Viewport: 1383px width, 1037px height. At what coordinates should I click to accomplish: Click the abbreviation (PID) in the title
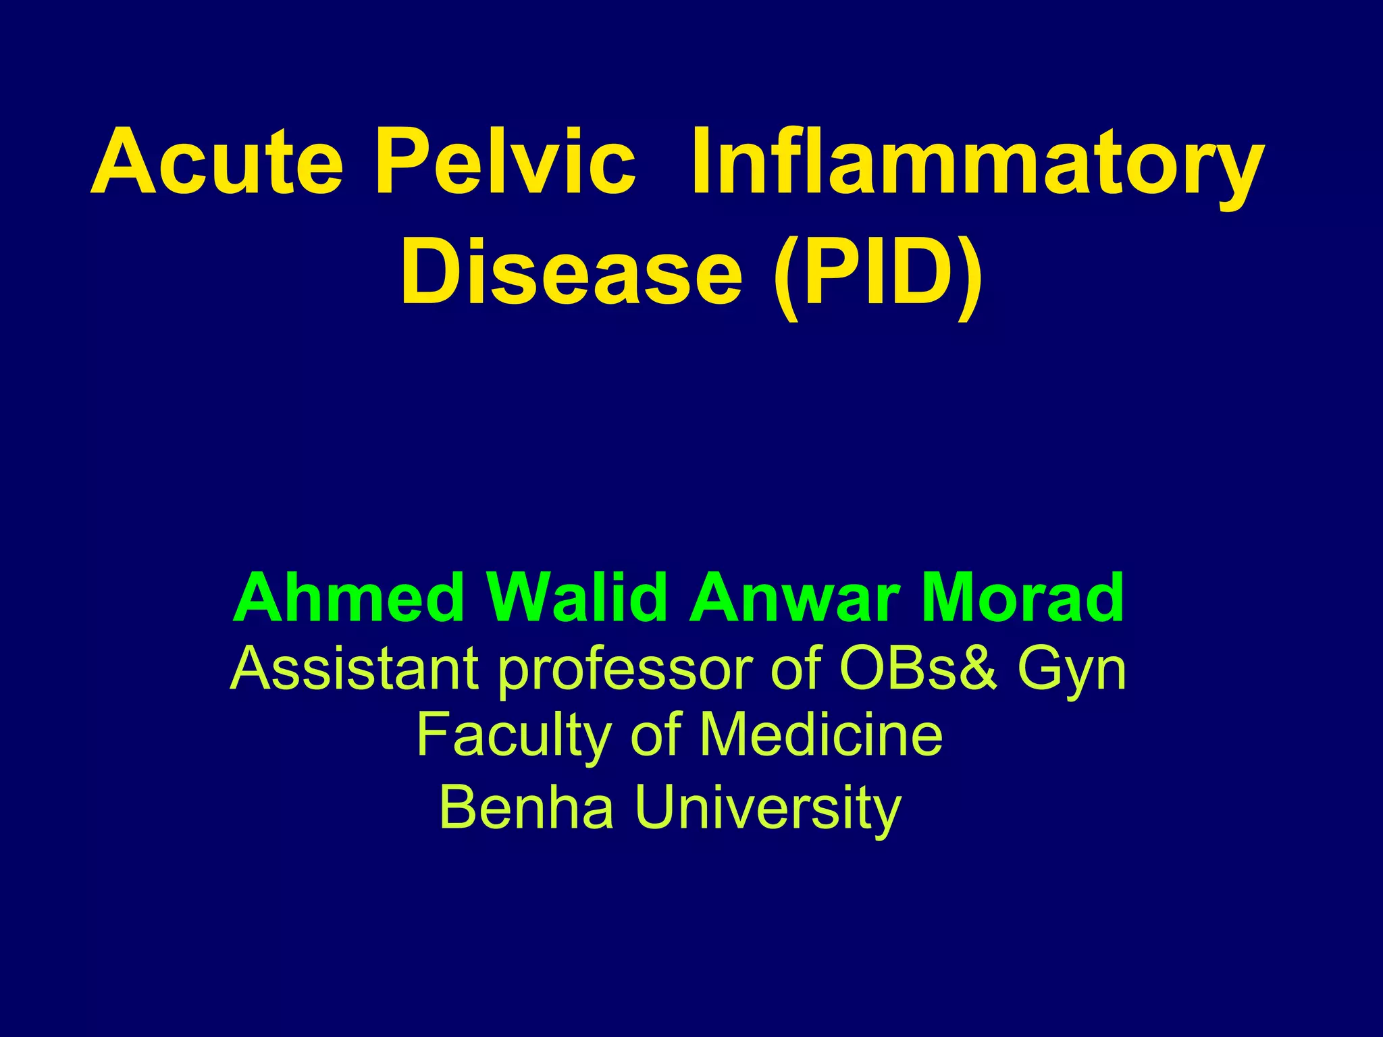pos(877,277)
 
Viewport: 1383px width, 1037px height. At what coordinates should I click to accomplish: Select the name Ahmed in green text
pos(348,598)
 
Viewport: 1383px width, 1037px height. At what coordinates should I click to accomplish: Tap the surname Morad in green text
pos(1022,598)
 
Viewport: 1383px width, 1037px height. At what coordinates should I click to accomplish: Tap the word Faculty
pos(513,736)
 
